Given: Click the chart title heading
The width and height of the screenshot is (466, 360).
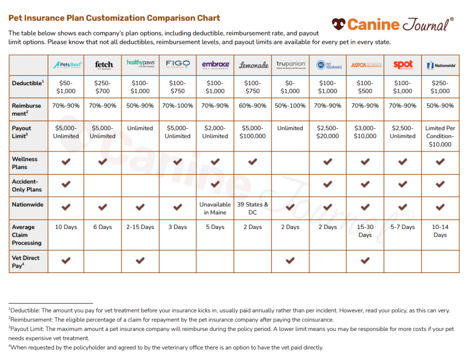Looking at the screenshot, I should pos(114,18).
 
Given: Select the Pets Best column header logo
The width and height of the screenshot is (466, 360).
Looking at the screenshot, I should pos(66,65).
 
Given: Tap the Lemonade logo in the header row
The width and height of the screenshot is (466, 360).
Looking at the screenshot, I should pos(253,65).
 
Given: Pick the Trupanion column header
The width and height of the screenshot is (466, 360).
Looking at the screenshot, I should pos(290,65).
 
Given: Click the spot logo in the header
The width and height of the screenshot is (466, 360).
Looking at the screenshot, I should pos(402,65).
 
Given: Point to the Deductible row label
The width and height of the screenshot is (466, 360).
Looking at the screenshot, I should pos(28,83).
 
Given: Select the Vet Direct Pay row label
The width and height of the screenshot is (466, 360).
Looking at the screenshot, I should pos(26,262).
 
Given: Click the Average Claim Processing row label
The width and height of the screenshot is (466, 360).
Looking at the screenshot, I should pos(26,235).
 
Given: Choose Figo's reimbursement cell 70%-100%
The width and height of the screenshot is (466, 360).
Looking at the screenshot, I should pos(177,106).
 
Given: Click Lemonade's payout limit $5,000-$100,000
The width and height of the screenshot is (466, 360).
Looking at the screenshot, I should pos(253,132).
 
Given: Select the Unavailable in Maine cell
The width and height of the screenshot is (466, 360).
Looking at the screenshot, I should pos(215,208).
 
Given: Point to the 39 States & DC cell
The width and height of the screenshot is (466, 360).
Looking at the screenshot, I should pos(253,208).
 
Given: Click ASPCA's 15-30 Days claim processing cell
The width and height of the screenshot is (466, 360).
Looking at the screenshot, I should pos(365,231).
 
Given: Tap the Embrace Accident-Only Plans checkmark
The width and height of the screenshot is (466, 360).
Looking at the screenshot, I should pos(215,184).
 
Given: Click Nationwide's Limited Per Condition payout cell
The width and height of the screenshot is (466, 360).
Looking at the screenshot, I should pos(440,136).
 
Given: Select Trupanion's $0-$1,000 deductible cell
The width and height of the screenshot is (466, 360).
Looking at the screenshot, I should pos(290,87).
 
